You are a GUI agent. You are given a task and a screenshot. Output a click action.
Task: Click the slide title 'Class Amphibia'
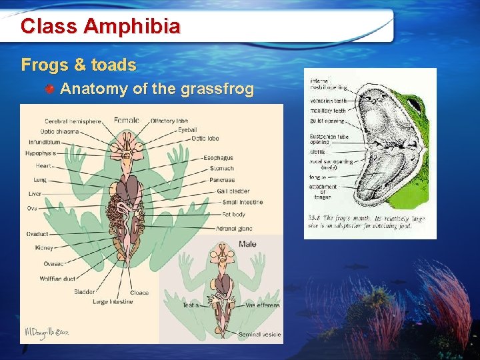tap(100, 27)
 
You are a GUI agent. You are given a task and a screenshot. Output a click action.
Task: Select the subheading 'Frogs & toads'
tap(79, 65)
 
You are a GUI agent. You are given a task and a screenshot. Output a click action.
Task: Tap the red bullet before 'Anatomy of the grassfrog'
tap(50, 89)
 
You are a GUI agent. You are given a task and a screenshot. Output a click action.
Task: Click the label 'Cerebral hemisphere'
tap(73, 121)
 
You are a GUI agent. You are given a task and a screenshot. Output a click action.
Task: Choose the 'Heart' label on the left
tap(43, 165)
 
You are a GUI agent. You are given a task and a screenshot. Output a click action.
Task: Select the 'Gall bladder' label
tap(233, 191)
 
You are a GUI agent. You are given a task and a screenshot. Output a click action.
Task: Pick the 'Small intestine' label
tap(243, 202)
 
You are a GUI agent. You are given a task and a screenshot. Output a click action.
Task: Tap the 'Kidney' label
tap(44, 248)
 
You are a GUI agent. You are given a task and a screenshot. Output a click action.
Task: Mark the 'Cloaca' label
tap(139, 293)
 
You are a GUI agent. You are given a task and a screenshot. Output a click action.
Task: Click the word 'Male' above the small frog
tap(247, 245)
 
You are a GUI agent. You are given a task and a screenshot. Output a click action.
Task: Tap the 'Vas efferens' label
tap(262, 305)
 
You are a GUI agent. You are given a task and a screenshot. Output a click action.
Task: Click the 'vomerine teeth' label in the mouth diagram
tap(327, 100)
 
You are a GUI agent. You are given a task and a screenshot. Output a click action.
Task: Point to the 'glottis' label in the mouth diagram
tap(317, 151)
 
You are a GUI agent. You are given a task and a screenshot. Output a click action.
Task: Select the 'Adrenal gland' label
tap(234, 229)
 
